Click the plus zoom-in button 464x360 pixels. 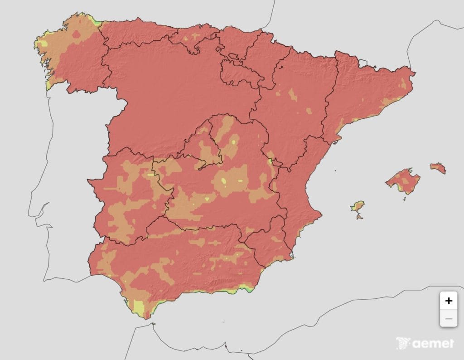[449, 301]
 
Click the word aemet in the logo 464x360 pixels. [433, 344]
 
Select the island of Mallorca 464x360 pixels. [403, 180]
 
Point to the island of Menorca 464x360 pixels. [438, 168]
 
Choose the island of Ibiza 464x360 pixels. [358, 207]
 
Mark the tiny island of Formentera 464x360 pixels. [359, 217]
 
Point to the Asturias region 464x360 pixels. [136, 34]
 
